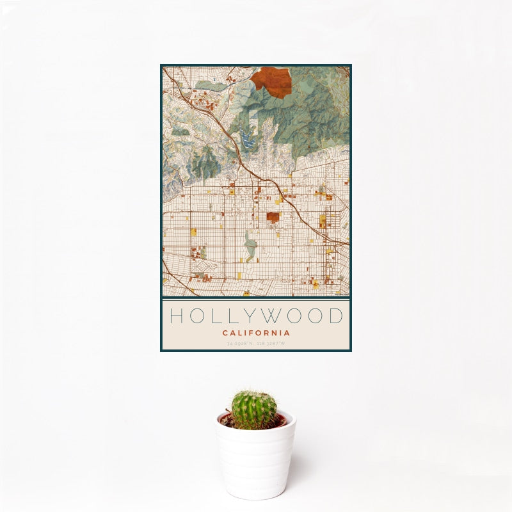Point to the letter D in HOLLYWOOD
tap(335, 316)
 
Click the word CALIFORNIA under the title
tap(256, 333)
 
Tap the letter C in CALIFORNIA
tap(225, 333)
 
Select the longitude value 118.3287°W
tap(271, 344)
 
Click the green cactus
tap(253, 410)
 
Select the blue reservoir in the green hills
tap(247, 138)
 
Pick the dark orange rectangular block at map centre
tap(273, 218)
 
